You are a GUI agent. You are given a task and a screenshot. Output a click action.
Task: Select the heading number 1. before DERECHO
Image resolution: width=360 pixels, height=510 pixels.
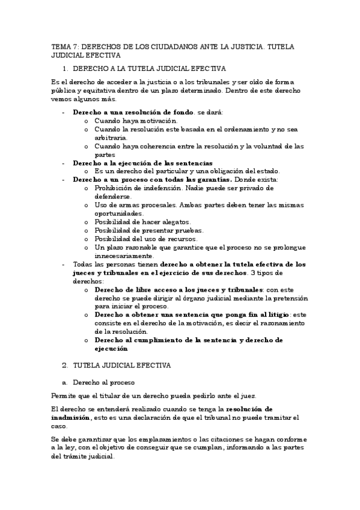(66, 69)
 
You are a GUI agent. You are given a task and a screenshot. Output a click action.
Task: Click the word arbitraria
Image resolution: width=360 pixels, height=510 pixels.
(110, 138)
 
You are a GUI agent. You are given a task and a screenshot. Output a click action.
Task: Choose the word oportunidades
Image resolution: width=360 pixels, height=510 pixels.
(118, 214)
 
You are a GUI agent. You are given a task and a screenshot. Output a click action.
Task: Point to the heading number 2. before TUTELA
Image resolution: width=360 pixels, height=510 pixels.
(66, 365)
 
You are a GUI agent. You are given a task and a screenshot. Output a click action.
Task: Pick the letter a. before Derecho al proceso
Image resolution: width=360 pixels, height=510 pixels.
(64, 382)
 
